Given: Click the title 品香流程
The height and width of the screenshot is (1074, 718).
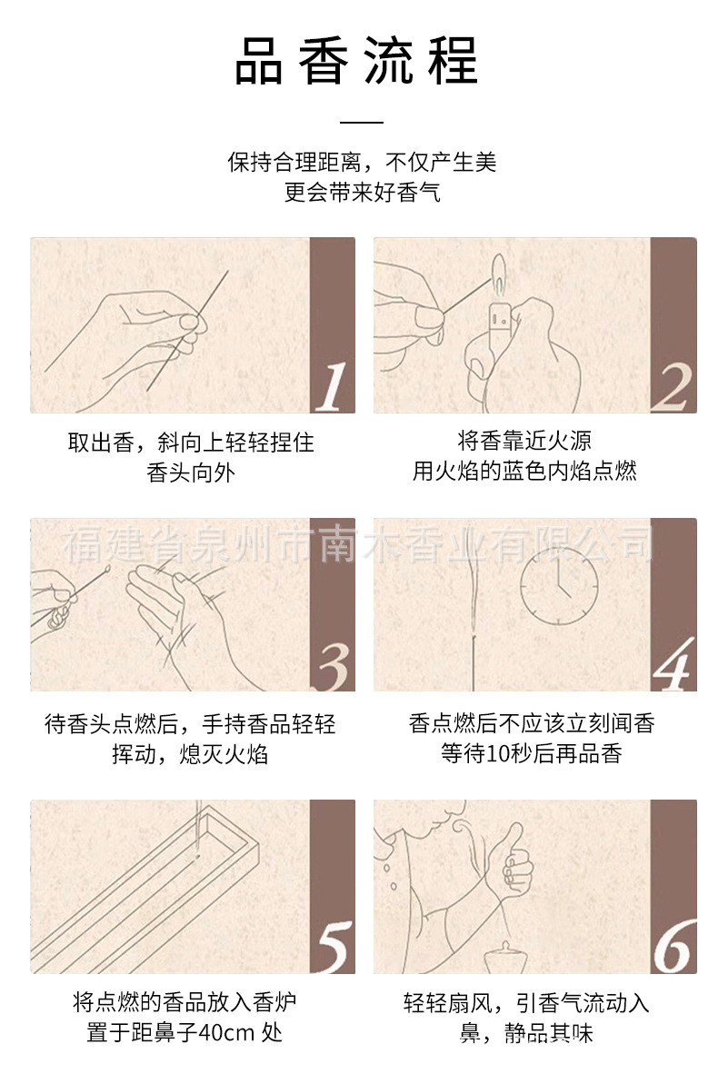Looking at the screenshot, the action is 357,61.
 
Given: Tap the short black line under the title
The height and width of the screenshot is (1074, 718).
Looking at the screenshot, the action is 361,123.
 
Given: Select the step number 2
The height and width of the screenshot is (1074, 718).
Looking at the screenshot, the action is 671,388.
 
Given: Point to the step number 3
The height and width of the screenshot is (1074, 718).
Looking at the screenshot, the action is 334,666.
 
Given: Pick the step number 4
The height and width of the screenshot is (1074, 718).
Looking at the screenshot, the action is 673,665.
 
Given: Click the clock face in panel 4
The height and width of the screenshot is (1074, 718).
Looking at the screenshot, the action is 558,586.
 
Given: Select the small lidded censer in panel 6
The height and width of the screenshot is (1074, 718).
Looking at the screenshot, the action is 505,957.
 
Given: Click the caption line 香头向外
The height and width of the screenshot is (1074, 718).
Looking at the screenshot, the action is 191,472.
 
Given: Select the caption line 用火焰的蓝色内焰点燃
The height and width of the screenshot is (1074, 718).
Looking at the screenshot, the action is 524,472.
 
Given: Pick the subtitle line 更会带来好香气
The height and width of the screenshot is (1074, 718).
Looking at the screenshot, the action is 362,193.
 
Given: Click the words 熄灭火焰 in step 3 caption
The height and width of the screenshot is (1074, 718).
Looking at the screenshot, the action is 224,754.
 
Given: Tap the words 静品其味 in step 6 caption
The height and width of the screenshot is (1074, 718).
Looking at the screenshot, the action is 548,1033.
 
